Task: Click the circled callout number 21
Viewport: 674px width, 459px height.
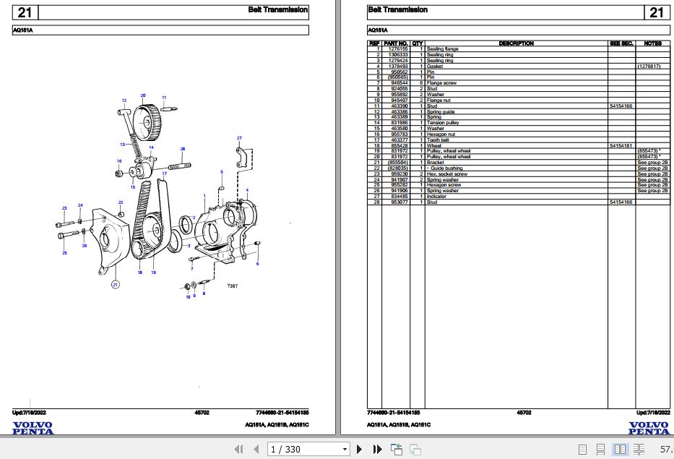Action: coord(114,286)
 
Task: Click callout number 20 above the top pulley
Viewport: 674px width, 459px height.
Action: coord(143,95)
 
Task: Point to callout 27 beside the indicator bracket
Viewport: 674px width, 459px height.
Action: coord(239,137)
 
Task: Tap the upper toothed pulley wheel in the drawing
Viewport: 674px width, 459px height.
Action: coord(148,122)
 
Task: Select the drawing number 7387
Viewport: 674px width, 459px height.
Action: coord(231,286)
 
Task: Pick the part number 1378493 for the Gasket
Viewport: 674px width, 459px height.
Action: coord(399,66)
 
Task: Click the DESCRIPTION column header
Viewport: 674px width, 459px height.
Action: coord(516,43)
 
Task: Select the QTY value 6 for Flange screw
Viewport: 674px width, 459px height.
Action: coord(420,83)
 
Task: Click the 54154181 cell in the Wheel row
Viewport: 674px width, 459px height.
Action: coord(621,145)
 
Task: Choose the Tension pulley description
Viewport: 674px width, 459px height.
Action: coord(443,123)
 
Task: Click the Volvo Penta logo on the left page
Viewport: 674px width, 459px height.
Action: coord(33,428)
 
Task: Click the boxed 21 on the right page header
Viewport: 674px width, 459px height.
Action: coord(656,12)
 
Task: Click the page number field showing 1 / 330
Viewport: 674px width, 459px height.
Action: coord(308,450)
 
